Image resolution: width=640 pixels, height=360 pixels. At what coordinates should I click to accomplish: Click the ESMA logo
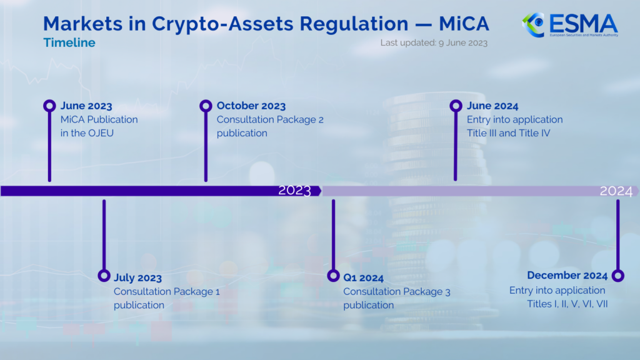click(x=569, y=25)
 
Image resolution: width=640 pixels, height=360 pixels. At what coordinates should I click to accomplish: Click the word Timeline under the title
click(x=69, y=42)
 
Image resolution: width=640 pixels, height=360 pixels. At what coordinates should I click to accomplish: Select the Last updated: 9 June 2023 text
click(x=434, y=42)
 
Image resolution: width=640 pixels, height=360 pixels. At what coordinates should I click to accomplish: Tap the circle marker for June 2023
click(x=49, y=106)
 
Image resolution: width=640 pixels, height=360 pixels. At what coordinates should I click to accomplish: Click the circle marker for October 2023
click(x=206, y=106)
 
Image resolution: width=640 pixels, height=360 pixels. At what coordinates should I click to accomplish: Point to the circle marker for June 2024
click(x=456, y=106)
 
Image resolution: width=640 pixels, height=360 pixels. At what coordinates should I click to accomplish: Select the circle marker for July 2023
click(x=104, y=276)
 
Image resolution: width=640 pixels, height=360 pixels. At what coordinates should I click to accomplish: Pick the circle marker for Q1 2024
click(x=333, y=276)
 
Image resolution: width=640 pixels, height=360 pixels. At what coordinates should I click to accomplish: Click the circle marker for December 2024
click(x=617, y=276)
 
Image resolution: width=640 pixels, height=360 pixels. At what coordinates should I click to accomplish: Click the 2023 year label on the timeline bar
click(x=294, y=191)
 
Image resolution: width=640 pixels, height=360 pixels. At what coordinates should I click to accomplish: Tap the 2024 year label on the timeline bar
click(x=616, y=191)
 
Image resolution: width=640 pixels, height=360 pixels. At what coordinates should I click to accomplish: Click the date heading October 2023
click(x=251, y=106)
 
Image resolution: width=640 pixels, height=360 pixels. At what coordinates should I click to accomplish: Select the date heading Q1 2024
click(x=363, y=278)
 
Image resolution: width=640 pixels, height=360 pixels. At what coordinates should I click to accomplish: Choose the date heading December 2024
click(x=567, y=276)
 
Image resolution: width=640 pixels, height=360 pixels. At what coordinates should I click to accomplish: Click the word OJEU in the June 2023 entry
click(x=102, y=133)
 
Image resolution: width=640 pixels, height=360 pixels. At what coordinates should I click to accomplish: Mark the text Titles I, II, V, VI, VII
click(x=567, y=304)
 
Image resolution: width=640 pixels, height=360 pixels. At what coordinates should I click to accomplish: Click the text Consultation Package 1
click(x=166, y=292)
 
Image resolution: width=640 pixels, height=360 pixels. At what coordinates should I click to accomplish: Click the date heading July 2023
click(x=137, y=278)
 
